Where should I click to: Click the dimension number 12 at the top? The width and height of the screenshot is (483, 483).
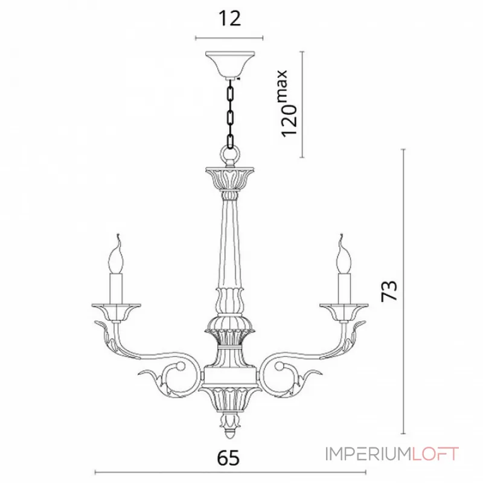coord(229,19)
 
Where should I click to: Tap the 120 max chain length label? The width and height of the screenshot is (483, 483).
coord(285,104)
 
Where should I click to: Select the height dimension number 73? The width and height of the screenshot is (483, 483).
coord(389,291)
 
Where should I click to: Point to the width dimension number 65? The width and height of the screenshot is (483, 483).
coord(228,458)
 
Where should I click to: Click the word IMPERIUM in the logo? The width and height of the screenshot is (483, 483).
coord(368,454)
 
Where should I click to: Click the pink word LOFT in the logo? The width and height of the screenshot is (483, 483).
coord(435,454)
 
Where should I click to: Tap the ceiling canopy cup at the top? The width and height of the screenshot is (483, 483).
coord(230,65)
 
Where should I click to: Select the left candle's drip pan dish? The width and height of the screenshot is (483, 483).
coord(116,312)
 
